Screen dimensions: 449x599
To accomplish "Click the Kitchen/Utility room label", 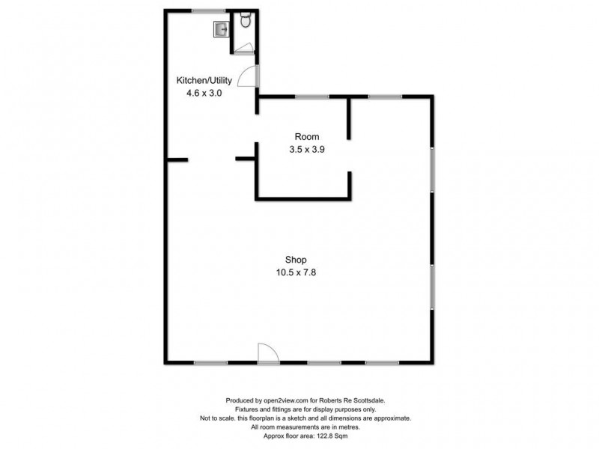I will coord(204,80).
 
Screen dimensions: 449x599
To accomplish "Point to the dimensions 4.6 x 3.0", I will coord(204,94).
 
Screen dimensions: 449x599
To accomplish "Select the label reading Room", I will coord(307,136).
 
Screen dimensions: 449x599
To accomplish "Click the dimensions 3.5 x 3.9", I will coord(307,149).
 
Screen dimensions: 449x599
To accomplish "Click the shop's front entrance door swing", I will coord(267,354).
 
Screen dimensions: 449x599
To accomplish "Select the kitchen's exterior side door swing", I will coord(253,75).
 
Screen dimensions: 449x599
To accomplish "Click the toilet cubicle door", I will coord(244,48).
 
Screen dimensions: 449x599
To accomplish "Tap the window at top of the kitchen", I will coord(208,10).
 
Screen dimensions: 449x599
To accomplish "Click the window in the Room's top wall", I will coord(311,97).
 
